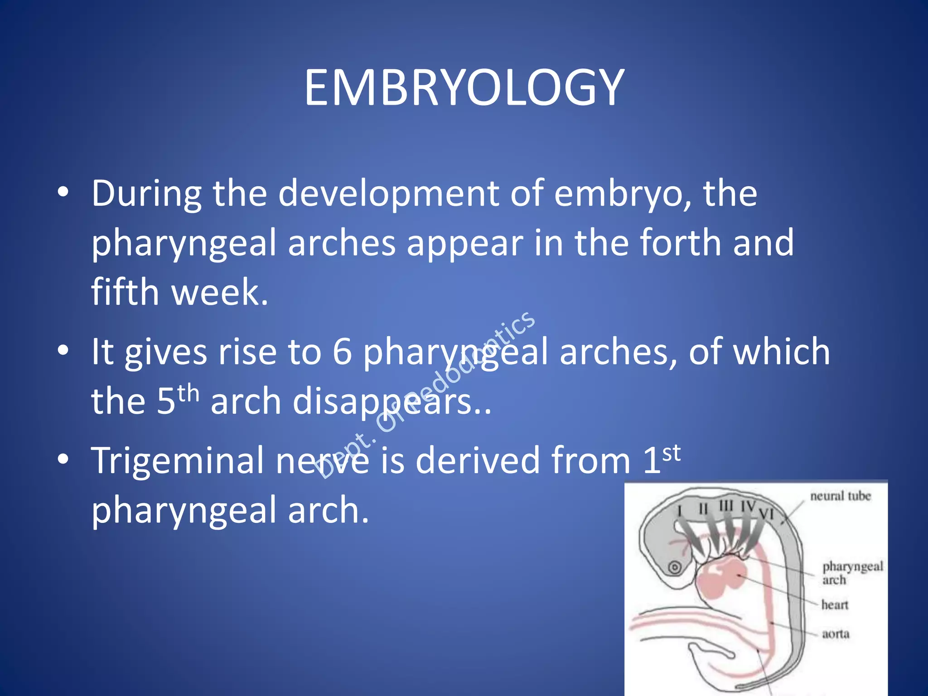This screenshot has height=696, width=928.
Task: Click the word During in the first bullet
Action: click(146, 194)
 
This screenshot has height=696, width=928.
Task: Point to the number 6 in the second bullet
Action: click(342, 352)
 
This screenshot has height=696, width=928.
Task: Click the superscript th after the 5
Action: click(188, 394)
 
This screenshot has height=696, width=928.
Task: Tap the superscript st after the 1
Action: click(672, 453)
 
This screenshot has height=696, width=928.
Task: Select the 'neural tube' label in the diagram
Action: click(841, 496)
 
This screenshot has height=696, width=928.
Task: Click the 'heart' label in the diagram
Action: click(835, 605)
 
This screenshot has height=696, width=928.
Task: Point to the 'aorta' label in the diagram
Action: click(836, 634)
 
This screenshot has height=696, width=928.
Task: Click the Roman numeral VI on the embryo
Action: click(766, 514)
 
